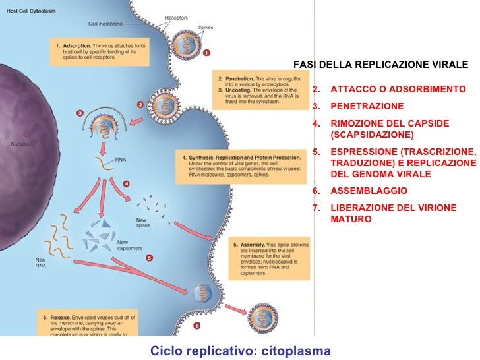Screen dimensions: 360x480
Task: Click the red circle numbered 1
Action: [x=206, y=53]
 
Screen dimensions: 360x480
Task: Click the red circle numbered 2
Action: [x=140, y=104]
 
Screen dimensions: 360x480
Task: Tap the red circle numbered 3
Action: [x=80, y=113]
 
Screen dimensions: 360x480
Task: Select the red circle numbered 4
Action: [x=125, y=183]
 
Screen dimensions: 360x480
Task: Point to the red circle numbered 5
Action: [x=150, y=257]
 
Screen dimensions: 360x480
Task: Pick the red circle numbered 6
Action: [x=196, y=326]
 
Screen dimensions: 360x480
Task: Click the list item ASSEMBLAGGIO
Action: [x=369, y=191]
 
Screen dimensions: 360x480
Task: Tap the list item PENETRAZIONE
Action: [x=367, y=106]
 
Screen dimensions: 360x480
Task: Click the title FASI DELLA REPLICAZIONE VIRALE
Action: [x=380, y=65]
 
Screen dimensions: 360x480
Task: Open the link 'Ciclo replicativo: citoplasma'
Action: [x=240, y=351]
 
